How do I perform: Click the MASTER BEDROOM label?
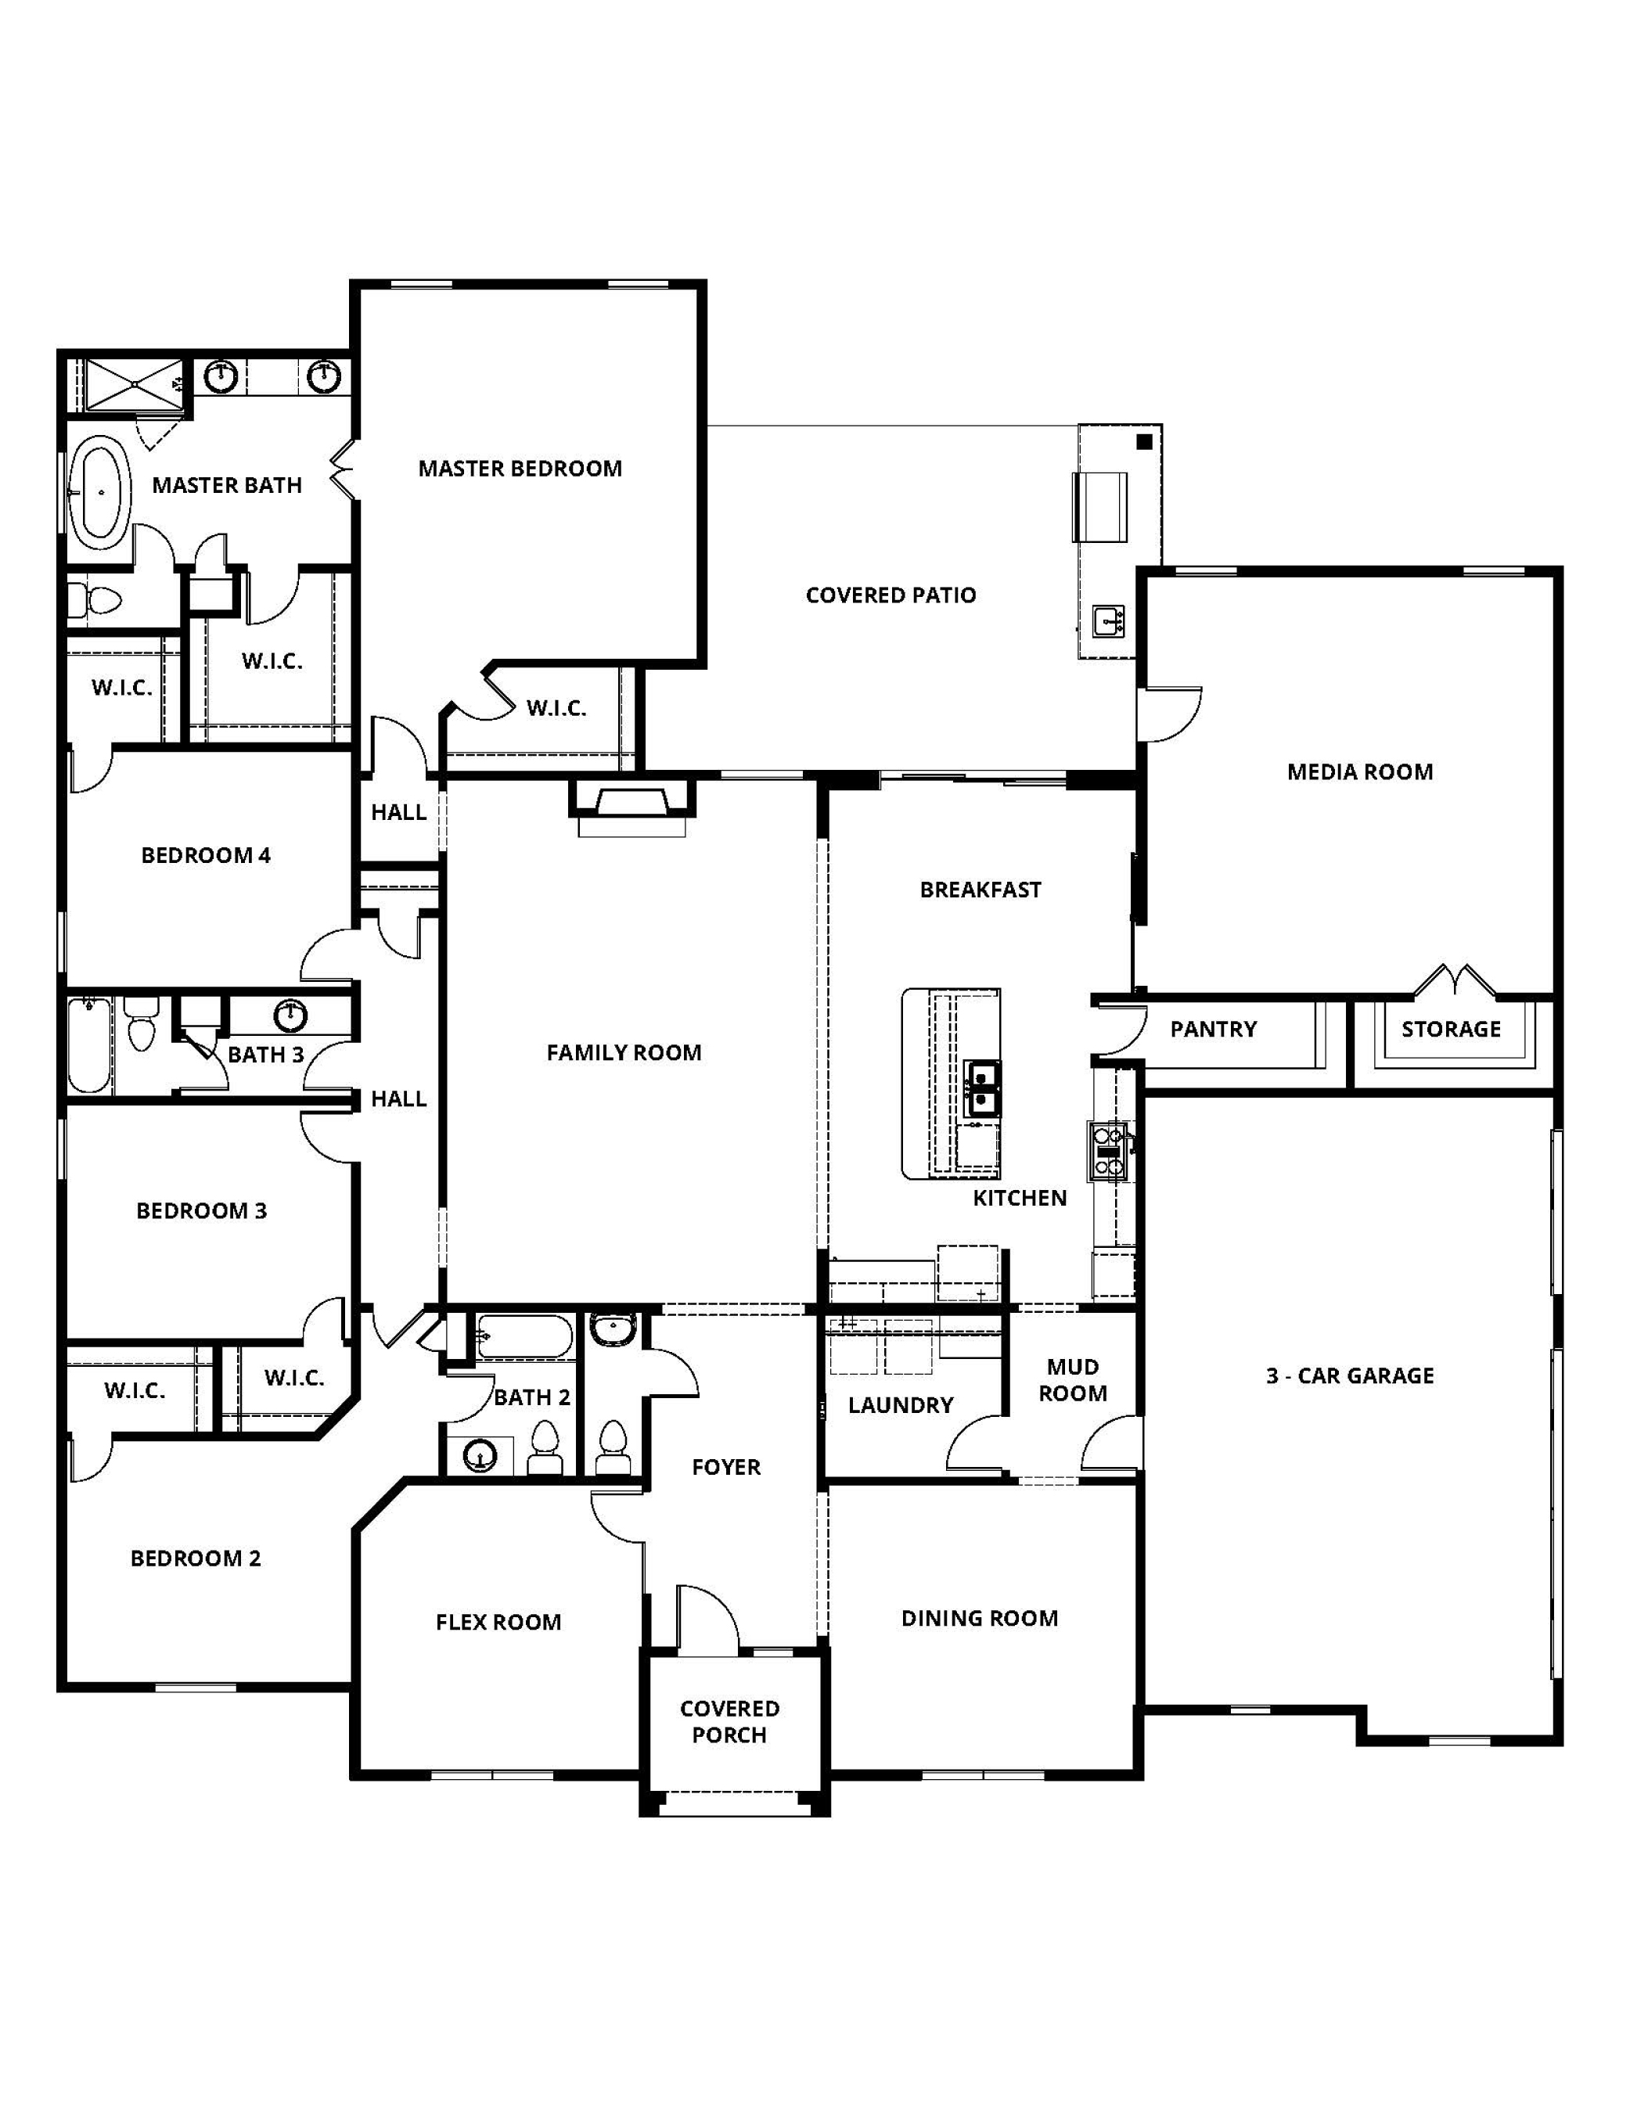tap(520, 469)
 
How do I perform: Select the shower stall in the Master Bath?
tap(131, 385)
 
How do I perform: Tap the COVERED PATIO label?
tap(891, 595)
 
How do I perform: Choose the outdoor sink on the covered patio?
tap(1110, 620)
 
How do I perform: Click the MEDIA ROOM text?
tap(1359, 771)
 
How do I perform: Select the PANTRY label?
tap(1213, 1029)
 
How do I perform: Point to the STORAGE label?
tap(1450, 1029)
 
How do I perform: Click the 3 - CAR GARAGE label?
tap(1349, 1375)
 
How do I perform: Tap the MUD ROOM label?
tap(1073, 1379)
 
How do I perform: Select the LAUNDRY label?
tap(900, 1404)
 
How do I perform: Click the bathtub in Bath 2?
tap(524, 1338)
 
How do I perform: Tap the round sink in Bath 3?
tap(290, 1016)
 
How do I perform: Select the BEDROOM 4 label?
tap(206, 854)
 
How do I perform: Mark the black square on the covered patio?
tap(1144, 442)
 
